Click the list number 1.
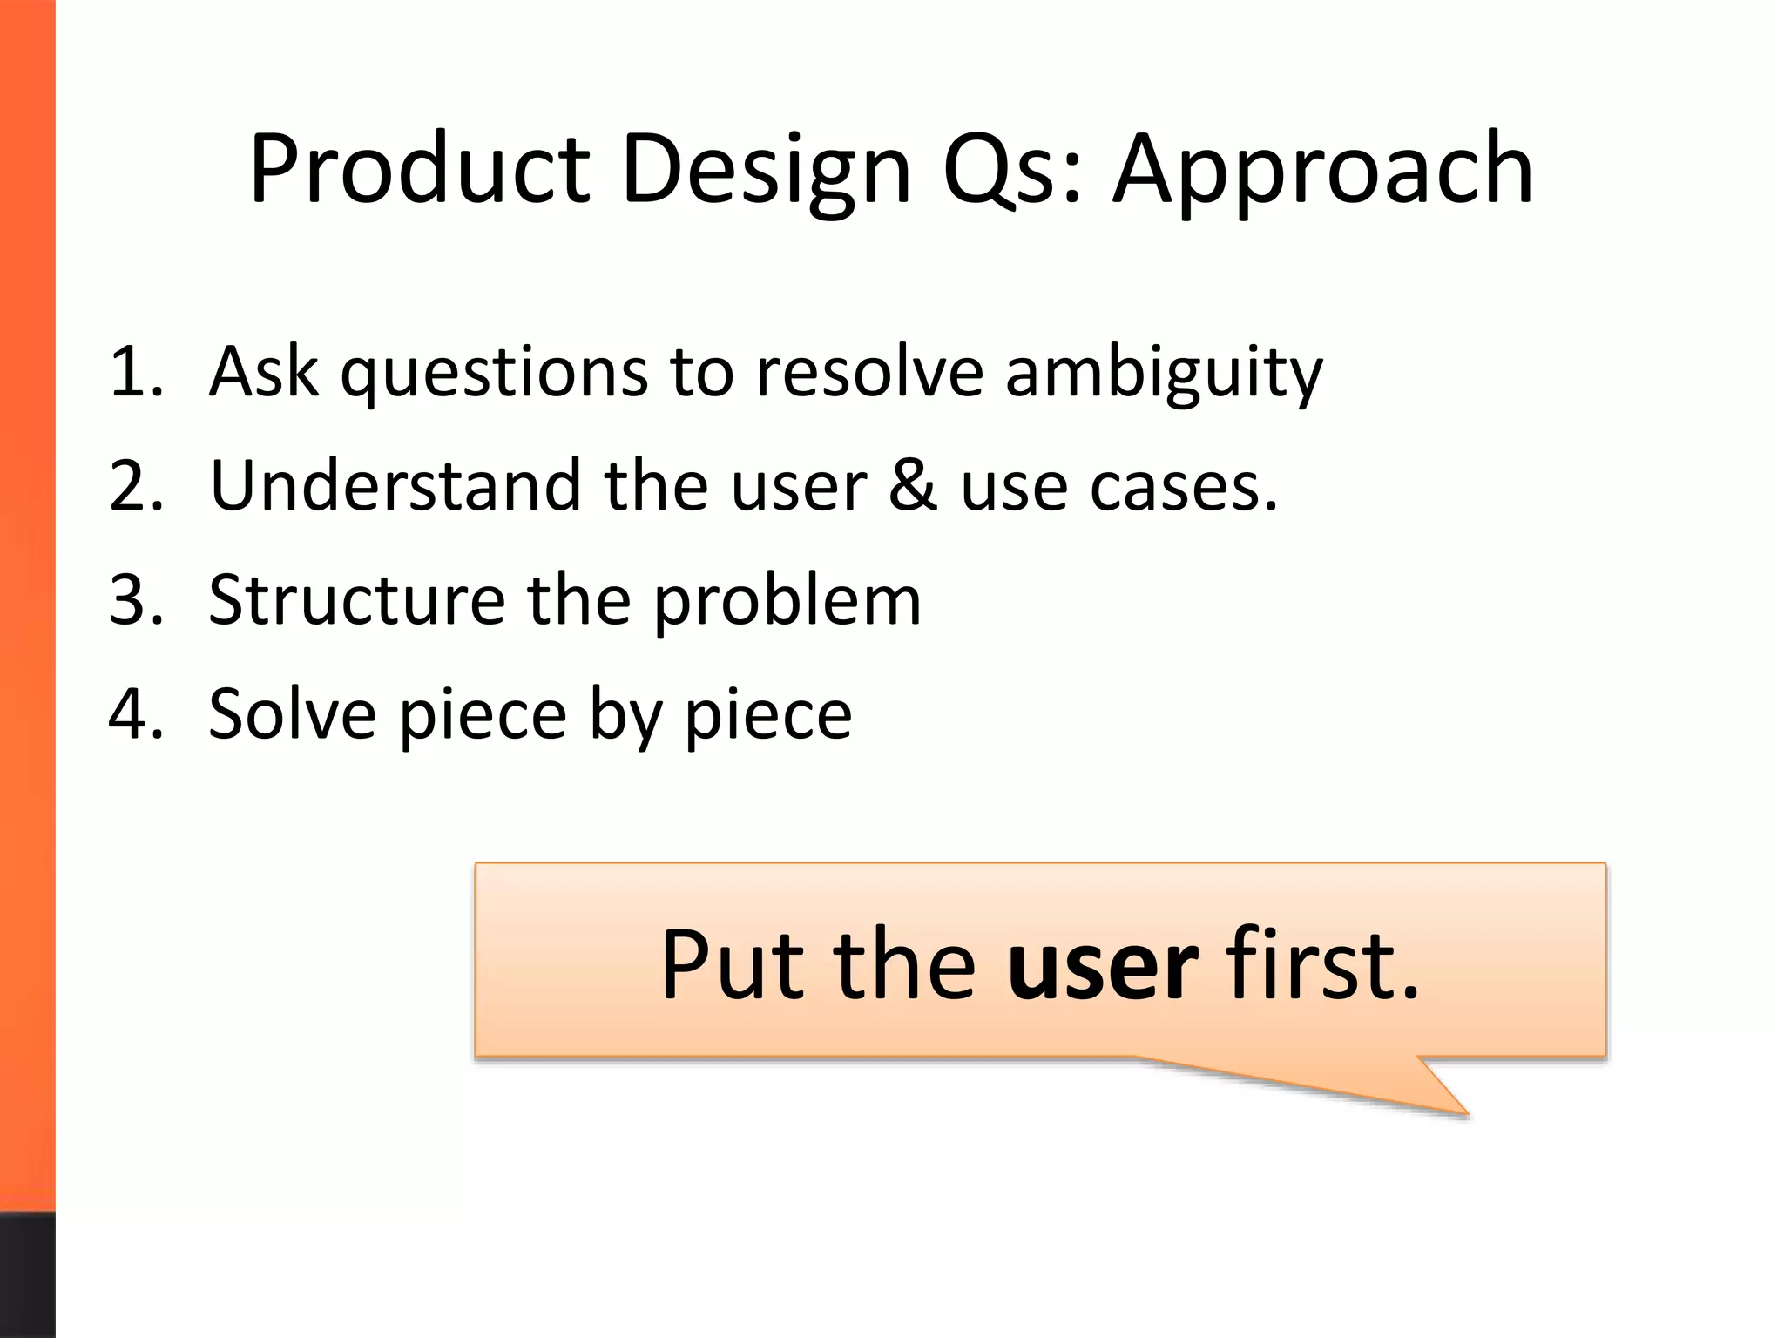[x=136, y=373]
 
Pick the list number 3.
[x=136, y=601]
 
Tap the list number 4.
[x=136, y=714]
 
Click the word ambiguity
[x=1164, y=373]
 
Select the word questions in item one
[x=494, y=373]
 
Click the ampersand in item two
[x=913, y=486]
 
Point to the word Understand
[x=395, y=486]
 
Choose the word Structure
[x=357, y=601]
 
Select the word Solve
[x=293, y=714]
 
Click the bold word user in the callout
[x=1103, y=965]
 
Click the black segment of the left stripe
[x=27, y=1274]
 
